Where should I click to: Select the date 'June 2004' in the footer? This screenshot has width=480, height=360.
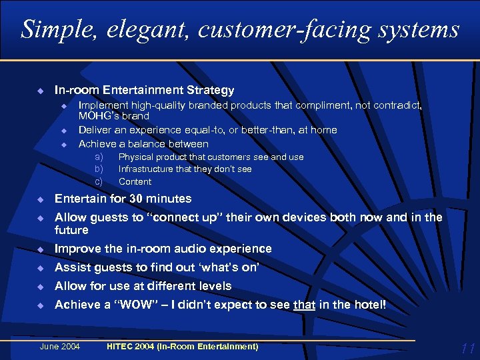pos(60,346)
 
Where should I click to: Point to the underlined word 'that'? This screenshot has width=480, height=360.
pos(304,305)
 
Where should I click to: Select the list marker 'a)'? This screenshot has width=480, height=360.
pos(99,157)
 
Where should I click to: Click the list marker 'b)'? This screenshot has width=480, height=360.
pos(99,169)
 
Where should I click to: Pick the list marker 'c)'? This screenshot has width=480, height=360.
pos(99,181)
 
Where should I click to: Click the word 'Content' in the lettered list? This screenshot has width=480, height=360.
pos(135,181)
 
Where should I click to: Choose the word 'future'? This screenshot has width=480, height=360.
pos(71,230)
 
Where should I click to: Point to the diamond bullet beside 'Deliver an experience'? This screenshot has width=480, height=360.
pos(64,130)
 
